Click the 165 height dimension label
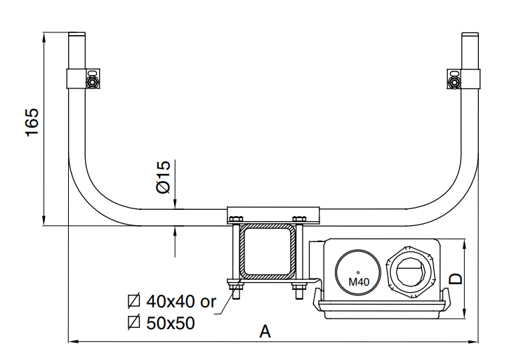(x=32, y=122)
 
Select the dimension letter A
(x=265, y=331)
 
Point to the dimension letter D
(x=456, y=278)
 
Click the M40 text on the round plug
(x=358, y=281)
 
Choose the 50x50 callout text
(x=171, y=323)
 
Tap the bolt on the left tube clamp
(x=92, y=82)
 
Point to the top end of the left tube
(x=77, y=35)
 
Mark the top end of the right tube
(x=470, y=35)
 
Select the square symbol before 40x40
(x=133, y=302)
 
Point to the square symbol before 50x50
(x=133, y=323)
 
